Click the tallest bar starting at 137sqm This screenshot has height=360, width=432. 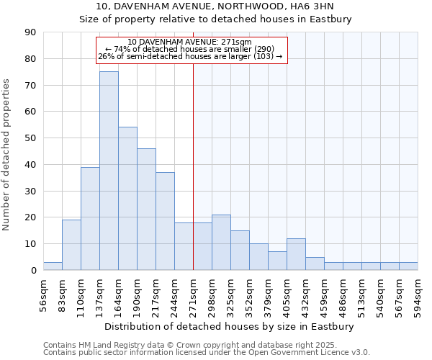[x=109, y=171]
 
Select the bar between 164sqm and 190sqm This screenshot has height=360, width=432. [x=127, y=199]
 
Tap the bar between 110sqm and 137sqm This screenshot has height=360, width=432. [x=90, y=218]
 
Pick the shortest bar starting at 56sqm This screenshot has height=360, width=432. [x=53, y=266]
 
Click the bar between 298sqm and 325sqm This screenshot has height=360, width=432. [x=221, y=243]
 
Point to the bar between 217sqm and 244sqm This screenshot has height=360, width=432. [x=165, y=221]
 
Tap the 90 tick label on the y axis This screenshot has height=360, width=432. [x=31, y=32]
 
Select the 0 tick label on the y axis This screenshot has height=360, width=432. [x=34, y=271]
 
